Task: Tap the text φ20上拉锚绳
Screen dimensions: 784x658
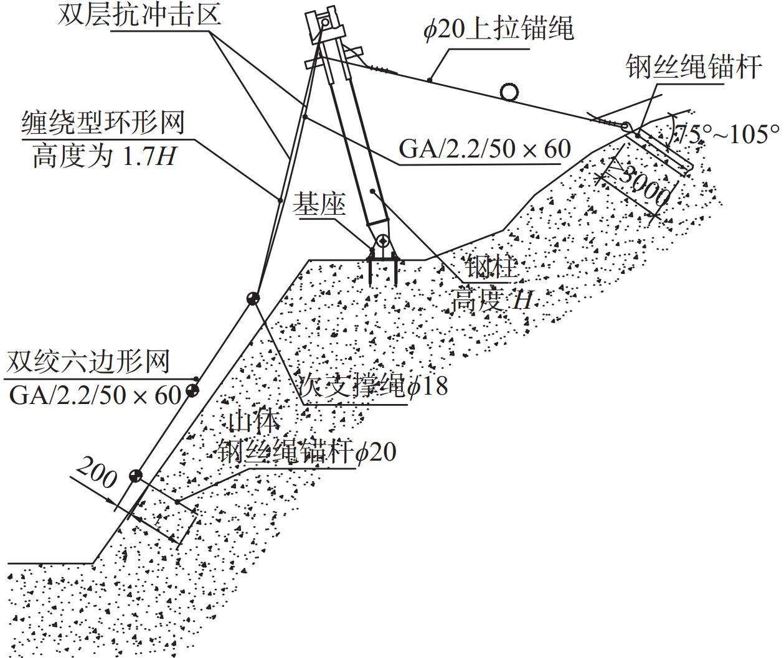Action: pos(499,29)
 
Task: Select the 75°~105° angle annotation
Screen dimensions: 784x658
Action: pos(727,134)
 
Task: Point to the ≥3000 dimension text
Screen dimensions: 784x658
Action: pos(641,186)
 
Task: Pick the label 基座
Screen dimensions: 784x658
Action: pos(319,205)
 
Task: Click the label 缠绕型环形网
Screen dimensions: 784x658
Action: pos(103,123)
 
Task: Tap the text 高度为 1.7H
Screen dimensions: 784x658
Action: pos(104,156)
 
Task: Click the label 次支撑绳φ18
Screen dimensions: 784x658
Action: pos(373,385)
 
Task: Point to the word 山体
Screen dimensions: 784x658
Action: pos(254,421)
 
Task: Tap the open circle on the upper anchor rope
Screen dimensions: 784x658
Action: pos(509,92)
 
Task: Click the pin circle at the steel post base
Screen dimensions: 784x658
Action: pos(382,241)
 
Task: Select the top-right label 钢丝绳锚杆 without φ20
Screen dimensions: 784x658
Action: pos(694,67)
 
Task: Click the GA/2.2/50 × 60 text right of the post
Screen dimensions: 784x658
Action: pos(484,149)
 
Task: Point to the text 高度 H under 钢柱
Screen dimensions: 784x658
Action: pos(492,300)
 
